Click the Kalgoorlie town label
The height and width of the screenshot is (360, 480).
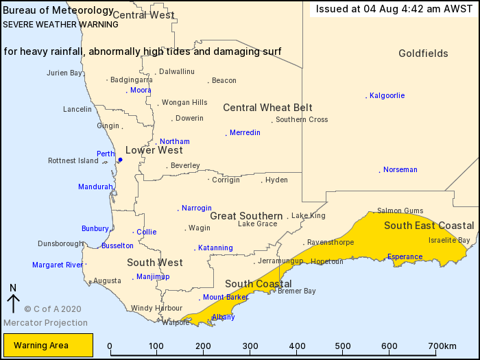click(387, 95)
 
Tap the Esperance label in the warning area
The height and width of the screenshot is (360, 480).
click(405, 257)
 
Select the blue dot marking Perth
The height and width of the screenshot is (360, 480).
click(120, 160)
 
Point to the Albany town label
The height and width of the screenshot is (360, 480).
click(224, 317)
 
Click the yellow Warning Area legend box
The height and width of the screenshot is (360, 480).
click(47, 346)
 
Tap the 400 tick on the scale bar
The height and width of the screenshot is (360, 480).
click(297, 346)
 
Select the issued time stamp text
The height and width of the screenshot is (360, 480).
click(394, 9)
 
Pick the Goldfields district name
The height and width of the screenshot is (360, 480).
click(423, 53)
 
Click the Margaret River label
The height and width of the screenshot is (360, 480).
click(58, 265)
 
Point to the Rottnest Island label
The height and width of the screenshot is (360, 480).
click(73, 160)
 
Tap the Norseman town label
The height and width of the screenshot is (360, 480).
click(400, 169)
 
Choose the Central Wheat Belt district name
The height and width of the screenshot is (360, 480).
click(267, 108)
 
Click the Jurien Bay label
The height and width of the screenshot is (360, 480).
click(64, 73)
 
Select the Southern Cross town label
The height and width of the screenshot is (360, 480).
click(302, 119)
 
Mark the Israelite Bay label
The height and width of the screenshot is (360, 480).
click(449, 240)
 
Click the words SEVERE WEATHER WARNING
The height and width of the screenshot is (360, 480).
click(60, 24)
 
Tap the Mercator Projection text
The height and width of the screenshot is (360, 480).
click(45, 322)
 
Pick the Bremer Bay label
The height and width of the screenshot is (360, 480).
click(296, 291)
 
